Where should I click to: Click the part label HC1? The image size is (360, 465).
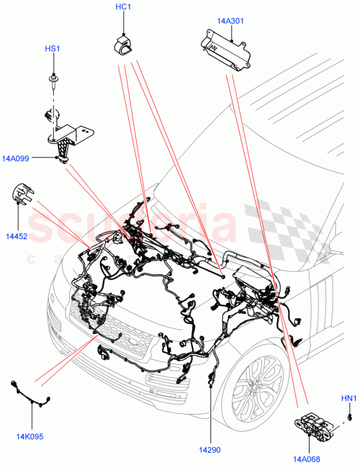click(122, 9)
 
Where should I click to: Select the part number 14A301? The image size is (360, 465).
click(230, 21)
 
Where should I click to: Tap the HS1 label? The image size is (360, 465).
click(53, 49)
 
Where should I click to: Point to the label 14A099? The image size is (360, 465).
click(15, 159)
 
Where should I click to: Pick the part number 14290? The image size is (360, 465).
click(211, 429)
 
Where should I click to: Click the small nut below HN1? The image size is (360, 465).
click(348, 415)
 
